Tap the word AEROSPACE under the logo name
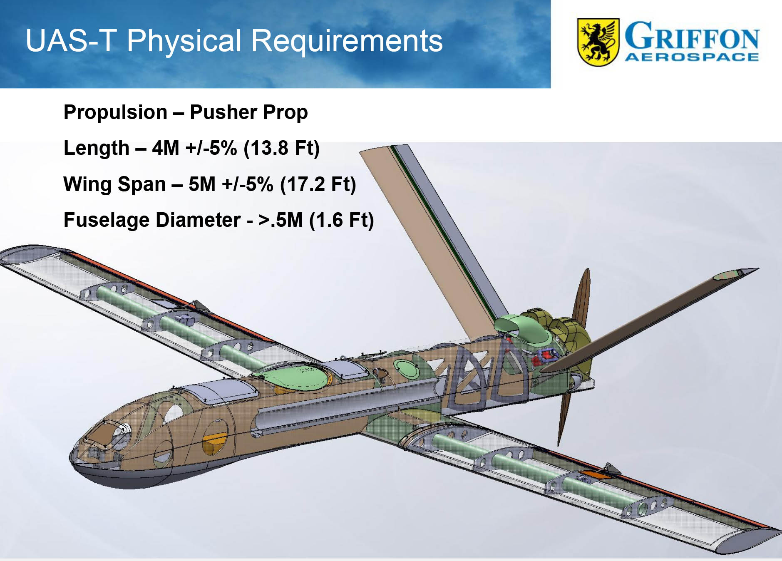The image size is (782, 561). (x=692, y=57)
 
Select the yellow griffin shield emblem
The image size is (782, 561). (x=598, y=42)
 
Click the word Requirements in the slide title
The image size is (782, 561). (x=347, y=41)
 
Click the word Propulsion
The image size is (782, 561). (x=115, y=112)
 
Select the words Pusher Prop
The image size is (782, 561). (x=249, y=112)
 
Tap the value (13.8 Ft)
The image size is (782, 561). (x=282, y=148)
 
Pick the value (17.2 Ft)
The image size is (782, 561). (x=318, y=184)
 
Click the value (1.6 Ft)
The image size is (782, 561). (x=342, y=220)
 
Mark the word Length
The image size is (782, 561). (x=97, y=148)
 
